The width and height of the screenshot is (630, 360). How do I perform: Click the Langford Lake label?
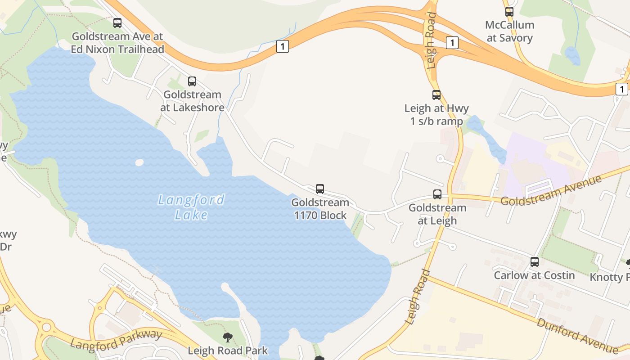coord(191,207)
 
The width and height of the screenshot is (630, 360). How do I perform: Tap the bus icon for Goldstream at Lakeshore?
coord(192,81)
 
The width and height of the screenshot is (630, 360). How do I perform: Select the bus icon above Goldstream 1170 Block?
coord(320,189)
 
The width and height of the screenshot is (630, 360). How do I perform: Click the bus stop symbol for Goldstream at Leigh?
coord(437,194)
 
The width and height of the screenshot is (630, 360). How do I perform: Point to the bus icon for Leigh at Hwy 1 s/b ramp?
coord(436,95)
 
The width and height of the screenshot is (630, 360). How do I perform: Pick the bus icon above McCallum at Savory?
coord(509,12)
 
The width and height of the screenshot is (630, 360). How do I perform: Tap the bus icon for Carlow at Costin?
coord(535,262)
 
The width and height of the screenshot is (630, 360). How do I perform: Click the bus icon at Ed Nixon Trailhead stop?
coord(117,23)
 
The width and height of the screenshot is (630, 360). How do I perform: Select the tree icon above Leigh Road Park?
coord(228,337)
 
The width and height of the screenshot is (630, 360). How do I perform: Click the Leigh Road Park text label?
coord(228,351)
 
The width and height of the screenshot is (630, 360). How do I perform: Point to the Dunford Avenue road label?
coord(577,336)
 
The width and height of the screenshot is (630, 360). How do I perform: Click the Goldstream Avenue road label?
coord(551,191)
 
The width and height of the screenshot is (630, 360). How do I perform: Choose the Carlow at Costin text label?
coord(535,275)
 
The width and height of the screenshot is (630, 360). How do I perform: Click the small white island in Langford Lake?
coord(139,162)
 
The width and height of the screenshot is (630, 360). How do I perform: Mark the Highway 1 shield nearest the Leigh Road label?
coord(452,43)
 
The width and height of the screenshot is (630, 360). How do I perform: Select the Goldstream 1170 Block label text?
coord(320,209)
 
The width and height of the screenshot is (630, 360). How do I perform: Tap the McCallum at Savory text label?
coord(510,31)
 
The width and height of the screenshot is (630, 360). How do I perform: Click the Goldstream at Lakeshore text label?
coord(192,101)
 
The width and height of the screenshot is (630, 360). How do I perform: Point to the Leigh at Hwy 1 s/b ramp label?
coord(436,115)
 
